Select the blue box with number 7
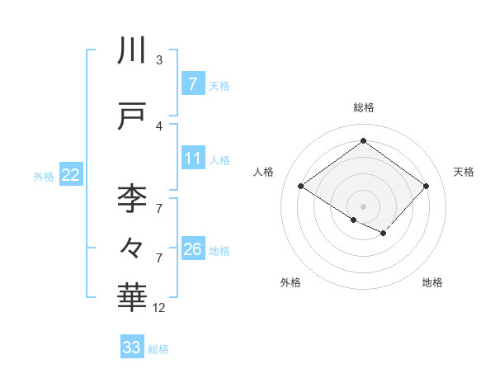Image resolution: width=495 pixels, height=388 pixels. (192, 84)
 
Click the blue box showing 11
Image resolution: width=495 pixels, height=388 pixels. (192, 159)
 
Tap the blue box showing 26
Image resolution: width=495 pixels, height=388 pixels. (192, 249)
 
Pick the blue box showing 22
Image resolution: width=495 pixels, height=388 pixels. (71, 175)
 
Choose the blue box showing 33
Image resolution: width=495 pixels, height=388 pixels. (132, 348)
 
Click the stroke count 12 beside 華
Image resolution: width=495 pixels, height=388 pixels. (159, 308)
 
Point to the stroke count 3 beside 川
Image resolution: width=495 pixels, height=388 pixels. (159, 60)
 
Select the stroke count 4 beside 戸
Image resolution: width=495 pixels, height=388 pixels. (159, 125)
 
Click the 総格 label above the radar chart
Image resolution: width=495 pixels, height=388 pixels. (363, 107)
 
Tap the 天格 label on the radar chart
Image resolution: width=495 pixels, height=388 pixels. (464, 172)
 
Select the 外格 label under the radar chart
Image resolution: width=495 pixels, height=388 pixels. (290, 282)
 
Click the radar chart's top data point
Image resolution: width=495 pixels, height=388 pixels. (363, 141)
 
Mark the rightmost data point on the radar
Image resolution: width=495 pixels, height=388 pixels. (426, 187)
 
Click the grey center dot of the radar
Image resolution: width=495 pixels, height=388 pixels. (363, 206)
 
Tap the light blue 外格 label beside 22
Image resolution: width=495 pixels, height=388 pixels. (44, 176)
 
